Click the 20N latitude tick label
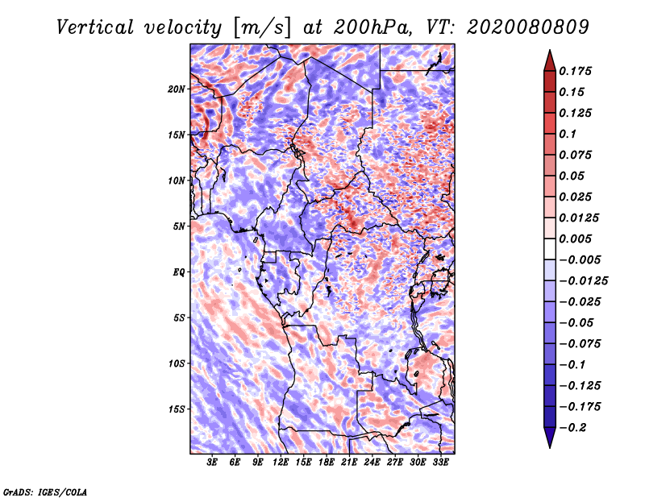(177, 89)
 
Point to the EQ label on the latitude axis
(178, 272)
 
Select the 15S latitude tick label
(177, 409)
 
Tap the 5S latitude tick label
(179, 317)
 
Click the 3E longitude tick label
(212, 463)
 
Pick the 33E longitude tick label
(440, 463)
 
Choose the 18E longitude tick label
(327, 463)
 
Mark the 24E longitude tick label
(372, 463)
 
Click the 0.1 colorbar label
(569, 134)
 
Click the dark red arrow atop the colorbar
(548, 60)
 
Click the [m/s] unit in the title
(259, 27)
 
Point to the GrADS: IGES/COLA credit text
(44, 491)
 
